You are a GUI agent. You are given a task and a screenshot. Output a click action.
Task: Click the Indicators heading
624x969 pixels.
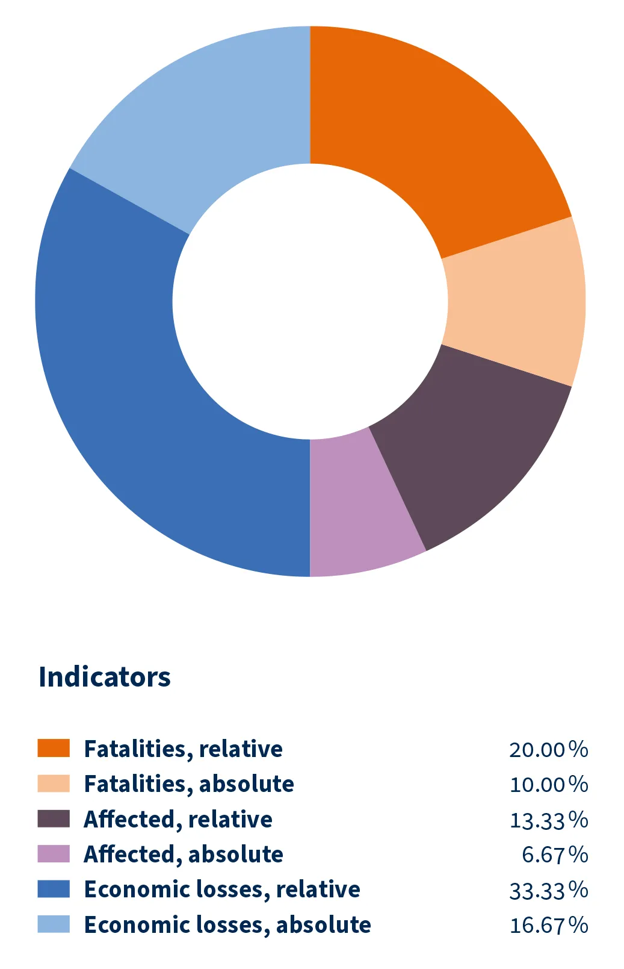(x=105, y=677)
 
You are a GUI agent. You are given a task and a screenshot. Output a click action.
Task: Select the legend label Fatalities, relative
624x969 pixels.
(x=183, y=749)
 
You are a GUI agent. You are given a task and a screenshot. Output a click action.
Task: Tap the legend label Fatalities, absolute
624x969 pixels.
(x=189, y=784)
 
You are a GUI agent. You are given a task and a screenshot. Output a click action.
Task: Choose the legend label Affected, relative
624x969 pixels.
(x=178, y=820)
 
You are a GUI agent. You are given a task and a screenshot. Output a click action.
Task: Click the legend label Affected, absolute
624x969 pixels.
(x=184, y=855)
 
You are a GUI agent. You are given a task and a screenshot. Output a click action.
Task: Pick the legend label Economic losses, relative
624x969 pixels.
(x=222, y=890)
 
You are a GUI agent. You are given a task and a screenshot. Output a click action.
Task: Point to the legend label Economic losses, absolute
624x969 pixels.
(x=227, y=925)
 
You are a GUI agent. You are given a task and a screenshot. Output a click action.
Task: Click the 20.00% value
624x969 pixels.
(x=548, y=750)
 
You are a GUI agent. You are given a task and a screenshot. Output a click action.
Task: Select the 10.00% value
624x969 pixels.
(x=548, y=785)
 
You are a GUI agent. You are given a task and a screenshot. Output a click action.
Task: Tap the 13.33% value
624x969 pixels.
(x=548, y=820)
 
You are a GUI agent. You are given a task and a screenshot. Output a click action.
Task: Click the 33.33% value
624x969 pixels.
(x=548, y=890)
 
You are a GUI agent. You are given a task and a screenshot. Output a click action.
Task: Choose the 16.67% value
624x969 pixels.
(x=548, y=926)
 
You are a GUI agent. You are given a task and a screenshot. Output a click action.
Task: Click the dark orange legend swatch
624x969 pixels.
(x=54, y=749)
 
